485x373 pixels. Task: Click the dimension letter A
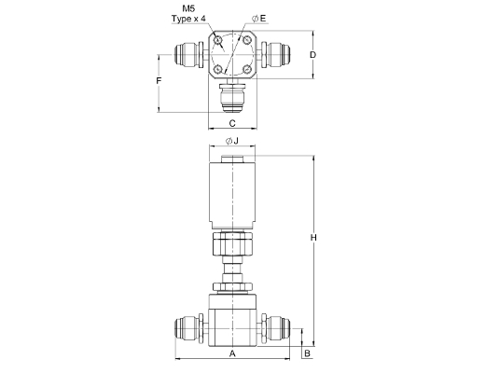232,353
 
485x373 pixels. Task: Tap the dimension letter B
307,353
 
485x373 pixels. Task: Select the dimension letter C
232,123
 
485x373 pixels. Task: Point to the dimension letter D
313,55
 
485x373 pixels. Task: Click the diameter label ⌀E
259,19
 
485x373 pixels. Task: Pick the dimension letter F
159,81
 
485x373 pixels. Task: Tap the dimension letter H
313,238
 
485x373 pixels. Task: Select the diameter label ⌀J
232,141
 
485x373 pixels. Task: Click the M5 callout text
188,8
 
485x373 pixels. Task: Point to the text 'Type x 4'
188,19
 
